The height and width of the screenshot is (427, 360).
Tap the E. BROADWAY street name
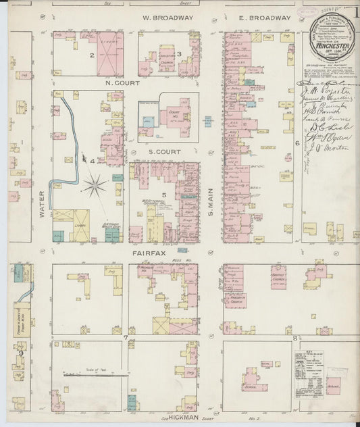click(264, 17)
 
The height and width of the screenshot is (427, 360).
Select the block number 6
click(296, 143)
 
